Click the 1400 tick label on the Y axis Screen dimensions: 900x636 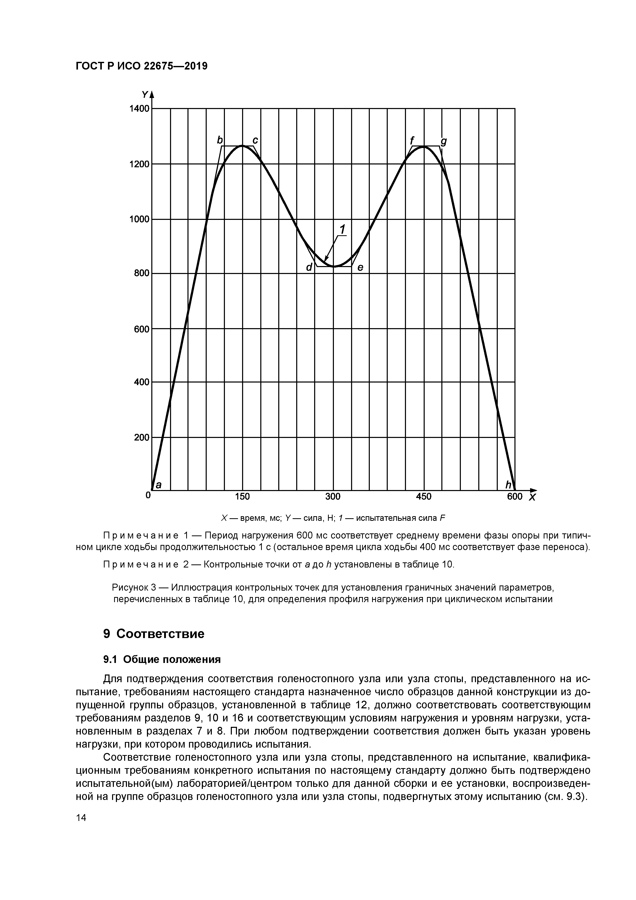tap(140, 109)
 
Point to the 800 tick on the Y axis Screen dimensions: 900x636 tap(142, 273)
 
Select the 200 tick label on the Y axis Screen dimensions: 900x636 tap(142, 437)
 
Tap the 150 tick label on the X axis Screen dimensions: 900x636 tap(242, 497)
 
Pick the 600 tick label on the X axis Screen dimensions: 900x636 tap(514, 497)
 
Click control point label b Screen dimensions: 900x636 tap(220, 140)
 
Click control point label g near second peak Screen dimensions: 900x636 tap(444, 142)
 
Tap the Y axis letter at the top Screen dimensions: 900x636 tap(145, 94)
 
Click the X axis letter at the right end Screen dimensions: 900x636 tap(532, 498)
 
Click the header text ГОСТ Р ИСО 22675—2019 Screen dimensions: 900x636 tap(141, 66)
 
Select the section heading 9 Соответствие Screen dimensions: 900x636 tap(154, 634)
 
